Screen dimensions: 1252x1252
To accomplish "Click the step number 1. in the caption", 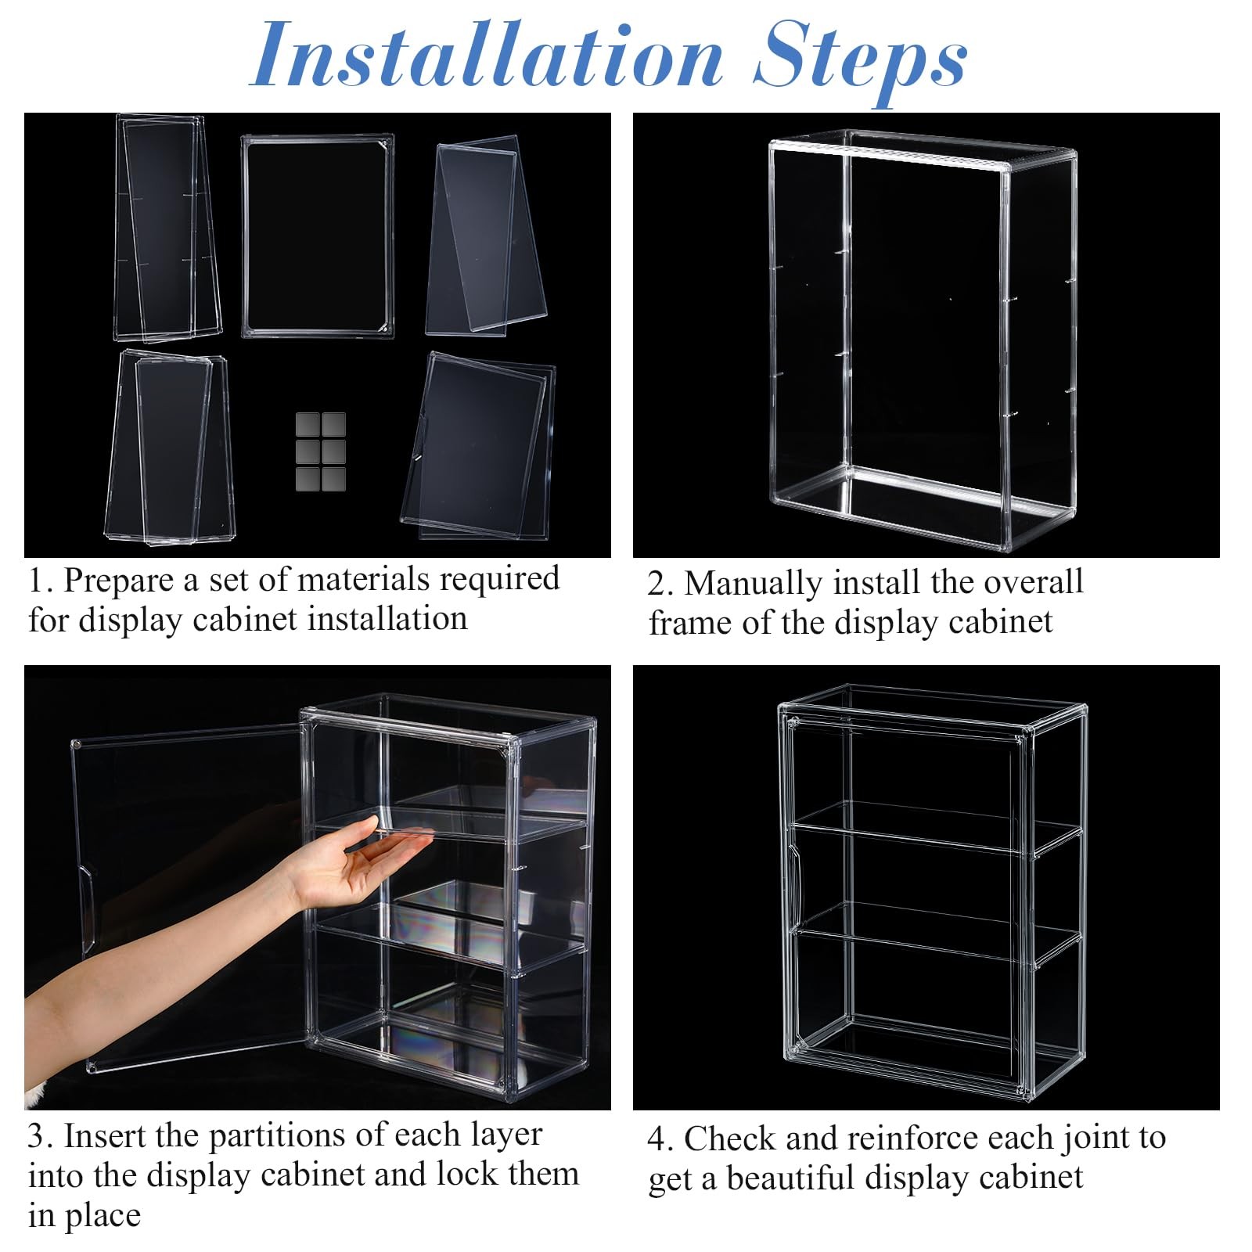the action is point(41,581).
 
